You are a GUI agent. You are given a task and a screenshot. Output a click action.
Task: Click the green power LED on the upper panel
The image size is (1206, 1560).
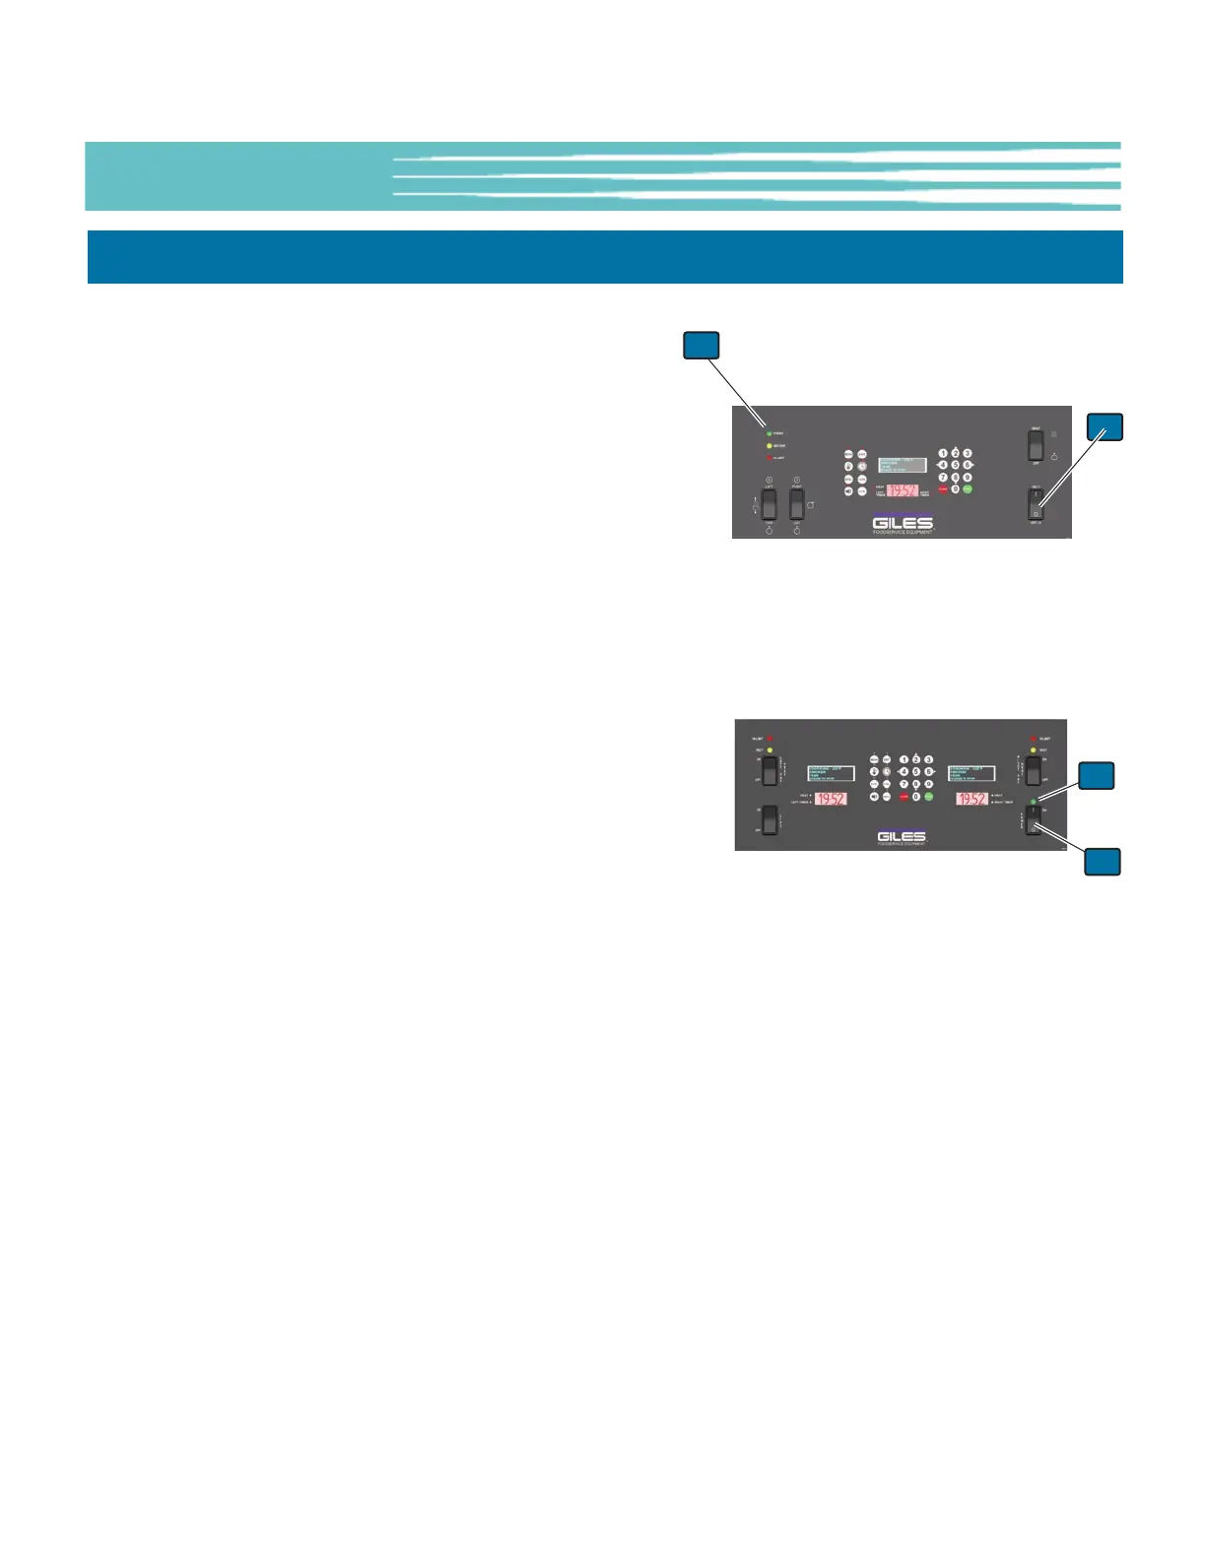tap(769, 433)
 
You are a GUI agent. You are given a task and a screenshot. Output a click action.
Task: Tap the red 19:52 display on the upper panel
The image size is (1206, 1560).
tap(903, 490)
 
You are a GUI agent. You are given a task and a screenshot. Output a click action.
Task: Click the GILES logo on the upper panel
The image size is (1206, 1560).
tap(903, 522)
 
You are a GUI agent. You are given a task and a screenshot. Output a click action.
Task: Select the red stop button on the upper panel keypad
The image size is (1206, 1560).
tap(943, 489)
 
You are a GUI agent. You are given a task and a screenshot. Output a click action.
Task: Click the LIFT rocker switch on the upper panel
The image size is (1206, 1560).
tap(769, 503)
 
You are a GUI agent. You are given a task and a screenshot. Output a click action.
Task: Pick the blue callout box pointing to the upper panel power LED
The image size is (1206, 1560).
tap(702, 346)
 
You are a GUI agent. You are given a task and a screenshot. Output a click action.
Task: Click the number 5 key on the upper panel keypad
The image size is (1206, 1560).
tap(955, 464)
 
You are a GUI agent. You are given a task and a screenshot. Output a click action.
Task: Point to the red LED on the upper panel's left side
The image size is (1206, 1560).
tap(769, 458)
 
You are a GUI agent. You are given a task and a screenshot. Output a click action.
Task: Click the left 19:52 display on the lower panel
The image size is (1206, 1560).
tap(831, 799)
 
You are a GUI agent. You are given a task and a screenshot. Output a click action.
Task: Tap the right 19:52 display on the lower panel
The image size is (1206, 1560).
tap(971, 799)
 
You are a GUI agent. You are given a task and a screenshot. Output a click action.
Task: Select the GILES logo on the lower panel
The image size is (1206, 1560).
tap(901, 837)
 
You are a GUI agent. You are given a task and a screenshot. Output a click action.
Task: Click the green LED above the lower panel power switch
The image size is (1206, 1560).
tap(1033, 801)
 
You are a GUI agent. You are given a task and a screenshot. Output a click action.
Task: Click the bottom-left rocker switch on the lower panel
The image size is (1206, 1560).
tap(770, 819)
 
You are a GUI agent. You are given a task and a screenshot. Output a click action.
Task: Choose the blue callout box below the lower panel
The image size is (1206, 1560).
tap(1103, 862)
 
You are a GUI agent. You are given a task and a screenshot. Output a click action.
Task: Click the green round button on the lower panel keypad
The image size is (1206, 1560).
tap(928, 796)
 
